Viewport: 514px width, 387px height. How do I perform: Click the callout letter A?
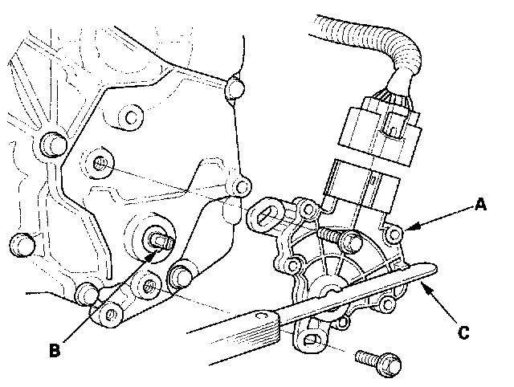point(480,205)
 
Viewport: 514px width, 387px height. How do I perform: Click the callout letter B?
point(55,350)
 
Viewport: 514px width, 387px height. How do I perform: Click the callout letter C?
point(463,332)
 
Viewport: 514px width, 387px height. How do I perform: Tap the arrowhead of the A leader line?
point(412,227)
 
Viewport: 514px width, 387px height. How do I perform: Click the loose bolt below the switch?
point(378,363)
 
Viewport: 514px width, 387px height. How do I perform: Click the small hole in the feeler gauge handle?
point(262,316)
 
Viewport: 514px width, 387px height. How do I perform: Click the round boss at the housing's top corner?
point(235,88)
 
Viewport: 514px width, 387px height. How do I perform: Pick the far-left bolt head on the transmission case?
point(22,244)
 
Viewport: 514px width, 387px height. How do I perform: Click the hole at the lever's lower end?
point(111,316)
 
